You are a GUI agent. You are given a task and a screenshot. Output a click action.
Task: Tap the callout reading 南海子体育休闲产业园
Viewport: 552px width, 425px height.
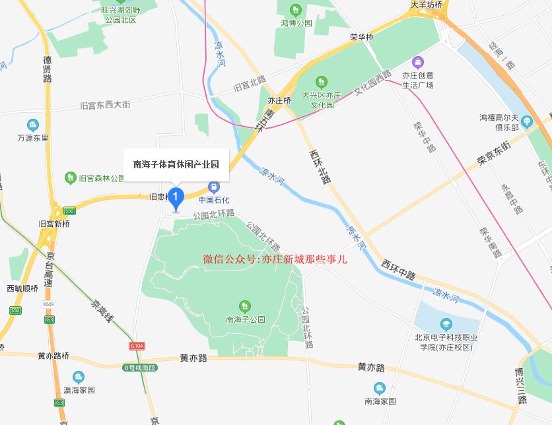pyautogui.click(x=176, y=164)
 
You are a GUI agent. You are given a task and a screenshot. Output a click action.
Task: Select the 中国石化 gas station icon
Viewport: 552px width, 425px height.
pyautogui.click(x=213, y=187)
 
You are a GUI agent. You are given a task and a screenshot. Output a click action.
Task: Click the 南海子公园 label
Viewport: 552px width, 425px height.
pyautogui.click(x=245, y=319)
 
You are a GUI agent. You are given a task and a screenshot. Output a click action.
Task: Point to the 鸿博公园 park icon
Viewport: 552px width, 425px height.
pyautogui.click(x=295, y=10)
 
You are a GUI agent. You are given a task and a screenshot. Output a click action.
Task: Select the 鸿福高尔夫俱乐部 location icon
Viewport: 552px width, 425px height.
pyautogui.click(x=526, y=121)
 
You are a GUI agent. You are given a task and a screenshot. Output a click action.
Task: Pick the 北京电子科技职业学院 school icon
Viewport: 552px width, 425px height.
pyautogui.click(x=446, y=324)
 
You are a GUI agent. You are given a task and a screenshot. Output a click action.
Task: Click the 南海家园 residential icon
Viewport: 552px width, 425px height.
pyautogui.click(x=379, y=387)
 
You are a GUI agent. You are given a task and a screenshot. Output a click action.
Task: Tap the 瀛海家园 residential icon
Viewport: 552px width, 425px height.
pyautogui.click(x=79, y=377)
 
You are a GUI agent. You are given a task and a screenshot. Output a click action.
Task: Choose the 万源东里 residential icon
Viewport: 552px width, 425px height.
pyautogui.click(x=32, y=125)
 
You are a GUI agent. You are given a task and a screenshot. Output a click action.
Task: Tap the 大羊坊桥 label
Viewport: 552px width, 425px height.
pyautogui.click(x=426, y=5)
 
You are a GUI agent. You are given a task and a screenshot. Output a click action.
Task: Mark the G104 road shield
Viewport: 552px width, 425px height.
pyautogui.click(x=137, y=346)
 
